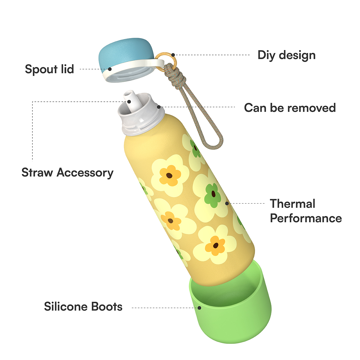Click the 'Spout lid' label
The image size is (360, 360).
point(49,69)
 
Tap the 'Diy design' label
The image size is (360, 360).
point(286,55)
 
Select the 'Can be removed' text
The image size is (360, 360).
point(290,108)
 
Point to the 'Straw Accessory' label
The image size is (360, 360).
point(67,173)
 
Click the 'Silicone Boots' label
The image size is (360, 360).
point(83,307)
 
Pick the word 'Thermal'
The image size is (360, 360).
point(292,204)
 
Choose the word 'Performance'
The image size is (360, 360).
point(306,218)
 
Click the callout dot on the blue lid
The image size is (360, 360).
point(110,69)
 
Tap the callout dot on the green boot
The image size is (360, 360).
point(199,308)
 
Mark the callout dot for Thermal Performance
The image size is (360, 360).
point(227,203)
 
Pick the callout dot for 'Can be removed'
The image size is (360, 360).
point(159,107)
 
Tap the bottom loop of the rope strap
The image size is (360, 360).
point(217,144)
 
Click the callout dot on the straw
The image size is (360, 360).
point(129,102)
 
